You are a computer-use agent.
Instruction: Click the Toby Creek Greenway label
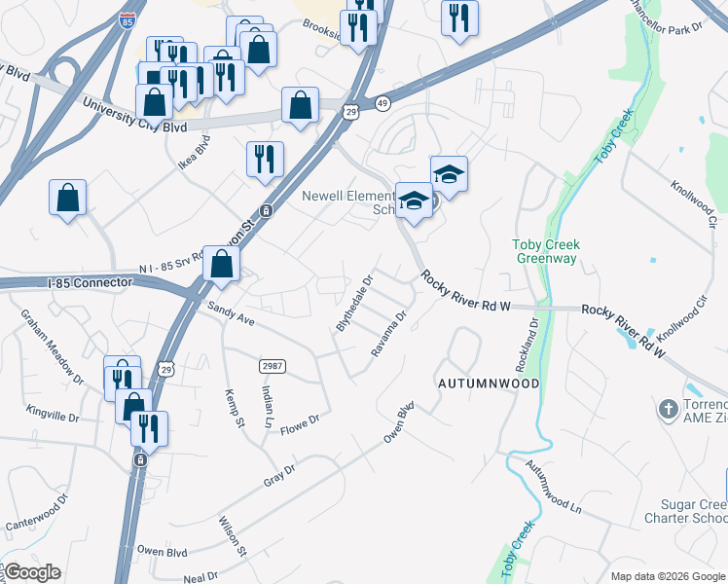coord(546,251)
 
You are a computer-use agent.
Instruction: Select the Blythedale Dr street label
coord(355,303)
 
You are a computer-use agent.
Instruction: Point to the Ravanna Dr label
coord(387,333)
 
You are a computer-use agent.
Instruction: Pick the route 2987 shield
coord(272,365)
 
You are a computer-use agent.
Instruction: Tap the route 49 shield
coord(382,102)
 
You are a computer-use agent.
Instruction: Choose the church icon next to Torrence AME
coord(668,409)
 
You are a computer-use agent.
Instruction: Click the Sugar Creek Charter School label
coord(685,512)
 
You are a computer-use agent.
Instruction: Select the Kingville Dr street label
coord(53,416)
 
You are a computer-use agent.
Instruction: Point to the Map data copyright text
coord(667,575)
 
